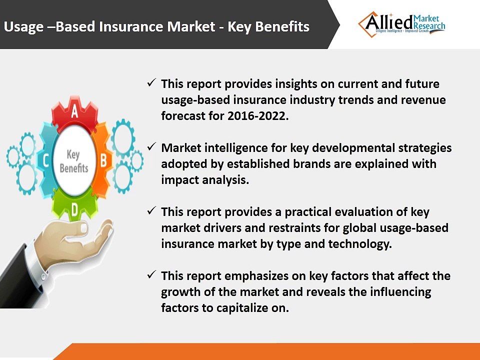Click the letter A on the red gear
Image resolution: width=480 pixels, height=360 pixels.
[x=74, y=112]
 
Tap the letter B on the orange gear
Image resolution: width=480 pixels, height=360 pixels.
[x=103, y=160]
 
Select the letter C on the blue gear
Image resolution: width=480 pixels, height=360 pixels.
[x=46, y=161]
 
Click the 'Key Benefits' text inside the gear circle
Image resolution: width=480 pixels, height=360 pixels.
[x=74, y=161]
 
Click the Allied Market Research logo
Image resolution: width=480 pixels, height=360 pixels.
[x=401, y=23]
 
